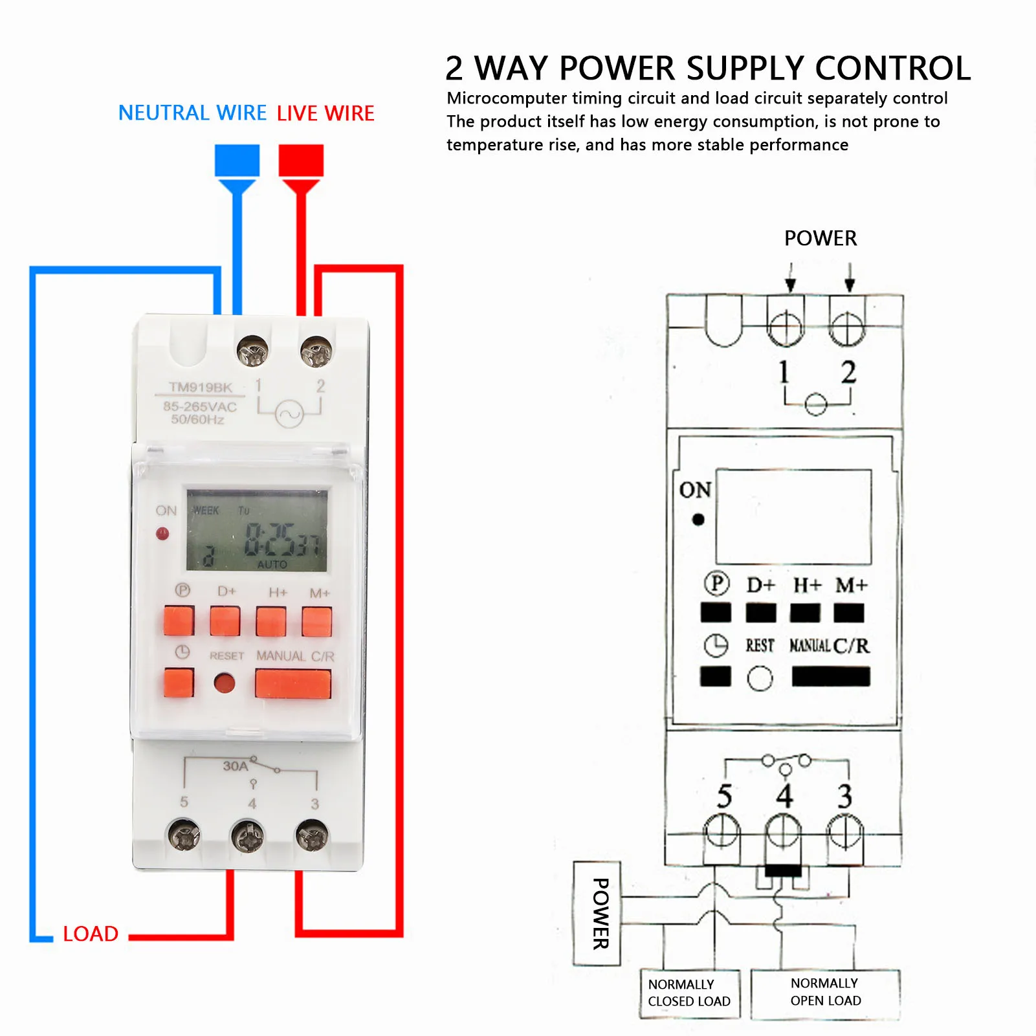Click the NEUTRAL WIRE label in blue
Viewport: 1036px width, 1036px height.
(192, 113)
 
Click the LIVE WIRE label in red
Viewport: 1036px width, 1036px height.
(325, 113)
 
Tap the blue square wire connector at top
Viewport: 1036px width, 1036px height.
(237, 160)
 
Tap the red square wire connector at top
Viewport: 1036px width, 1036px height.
(301, 160)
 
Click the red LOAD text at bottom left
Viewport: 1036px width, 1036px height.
(91, 934)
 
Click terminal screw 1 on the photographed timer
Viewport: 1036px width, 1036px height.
(253, 351)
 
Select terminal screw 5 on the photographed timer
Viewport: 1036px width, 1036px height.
(184, 836)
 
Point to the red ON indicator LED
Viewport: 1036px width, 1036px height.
(162, 533)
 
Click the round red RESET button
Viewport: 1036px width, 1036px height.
(225, 683)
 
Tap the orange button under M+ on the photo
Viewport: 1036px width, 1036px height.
(317, 621)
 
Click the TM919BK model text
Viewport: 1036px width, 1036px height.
(200, 387)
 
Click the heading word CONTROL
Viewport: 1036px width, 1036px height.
(892, 68)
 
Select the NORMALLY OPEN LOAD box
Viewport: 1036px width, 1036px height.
(825, 992)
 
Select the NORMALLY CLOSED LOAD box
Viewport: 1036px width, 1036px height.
(689, 993)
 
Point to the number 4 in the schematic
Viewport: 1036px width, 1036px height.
(784, 796)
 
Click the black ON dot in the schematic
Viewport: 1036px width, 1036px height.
(698, 519)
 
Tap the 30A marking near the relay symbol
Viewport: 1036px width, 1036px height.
(235, 766)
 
